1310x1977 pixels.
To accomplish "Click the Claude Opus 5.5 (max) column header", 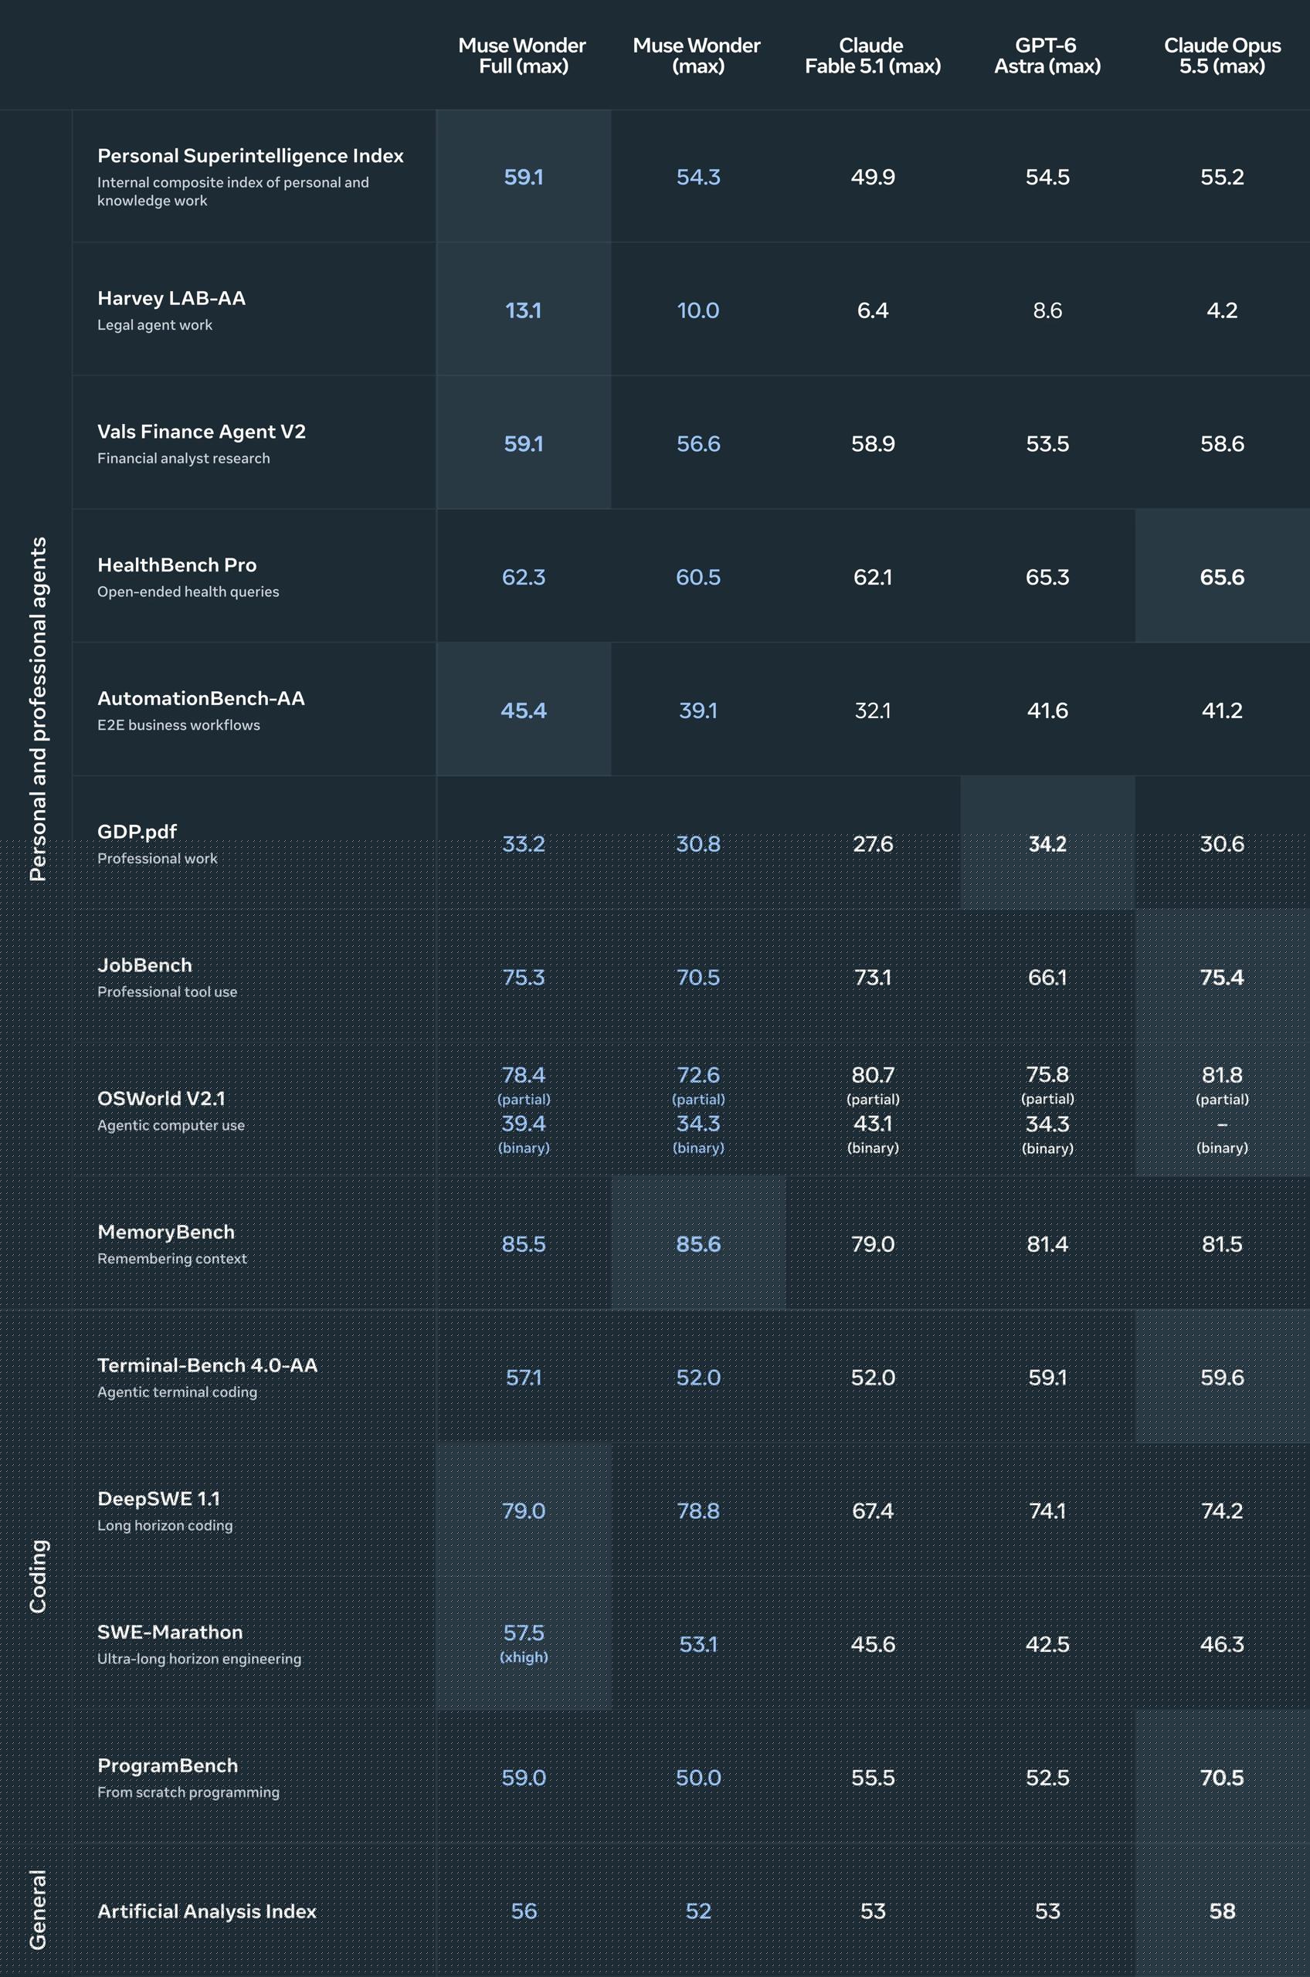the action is pyautogui.click(x=1221, y=56).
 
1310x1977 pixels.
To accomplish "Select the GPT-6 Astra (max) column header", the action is pyautogui.click(x=1047, y=56).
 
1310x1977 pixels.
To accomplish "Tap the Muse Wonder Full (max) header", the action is pyautogui.click(x=523, y=56).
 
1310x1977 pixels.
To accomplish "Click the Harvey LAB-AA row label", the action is pyautogui.click(x=171, y=298).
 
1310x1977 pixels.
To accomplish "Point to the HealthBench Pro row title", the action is pyautogui.click(x=177, y=565).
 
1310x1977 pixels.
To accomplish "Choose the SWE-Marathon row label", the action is pyautogui.click(x=170, y=1632).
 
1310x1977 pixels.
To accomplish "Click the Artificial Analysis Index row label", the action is pyautogui.click(x=206, y=1911).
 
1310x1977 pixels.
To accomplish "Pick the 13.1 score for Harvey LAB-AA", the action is pyautogui.click(x=523, y=310).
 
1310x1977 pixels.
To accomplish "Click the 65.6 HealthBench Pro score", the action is pyautogui.click(x=1221, y=577).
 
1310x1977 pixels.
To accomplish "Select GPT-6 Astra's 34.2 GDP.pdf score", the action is pyautogui.click(x=1047, y=843).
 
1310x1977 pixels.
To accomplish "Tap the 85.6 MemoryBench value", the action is pyautogui.click(x=697, y=1244).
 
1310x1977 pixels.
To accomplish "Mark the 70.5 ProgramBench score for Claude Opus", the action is pyautogui.click(x=1221, y=1778).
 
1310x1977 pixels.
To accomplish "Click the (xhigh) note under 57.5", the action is pyautogui.click(x=524, y=1657).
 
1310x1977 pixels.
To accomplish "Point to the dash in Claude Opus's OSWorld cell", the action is pyautogui.click(x=1222, y=1125).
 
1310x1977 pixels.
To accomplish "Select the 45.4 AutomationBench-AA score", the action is pyautogui.click(x=523, y=710).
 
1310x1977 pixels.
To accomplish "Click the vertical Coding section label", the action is pyautogui.click(x=39, y=1576).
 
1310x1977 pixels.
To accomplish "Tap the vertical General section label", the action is pyautogui.click(x=39, y=1909).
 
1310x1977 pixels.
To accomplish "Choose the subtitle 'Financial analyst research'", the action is pyautogui.click(x=184, y=459).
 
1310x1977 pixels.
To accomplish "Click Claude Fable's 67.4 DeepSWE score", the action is pyautogui.click(x=872, y=1511).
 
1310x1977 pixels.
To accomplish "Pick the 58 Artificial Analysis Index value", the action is pyautogui.click(x=1221, y=1911).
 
